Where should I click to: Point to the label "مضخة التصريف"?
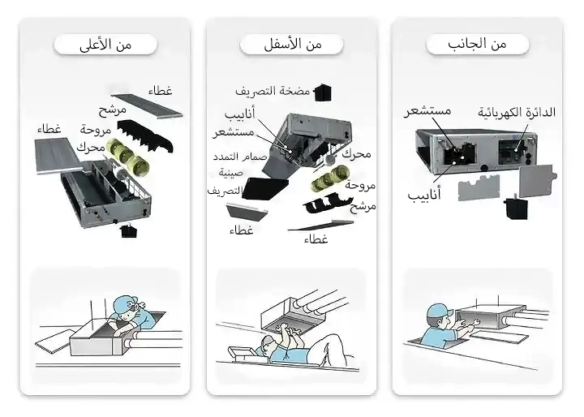(273, 89)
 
